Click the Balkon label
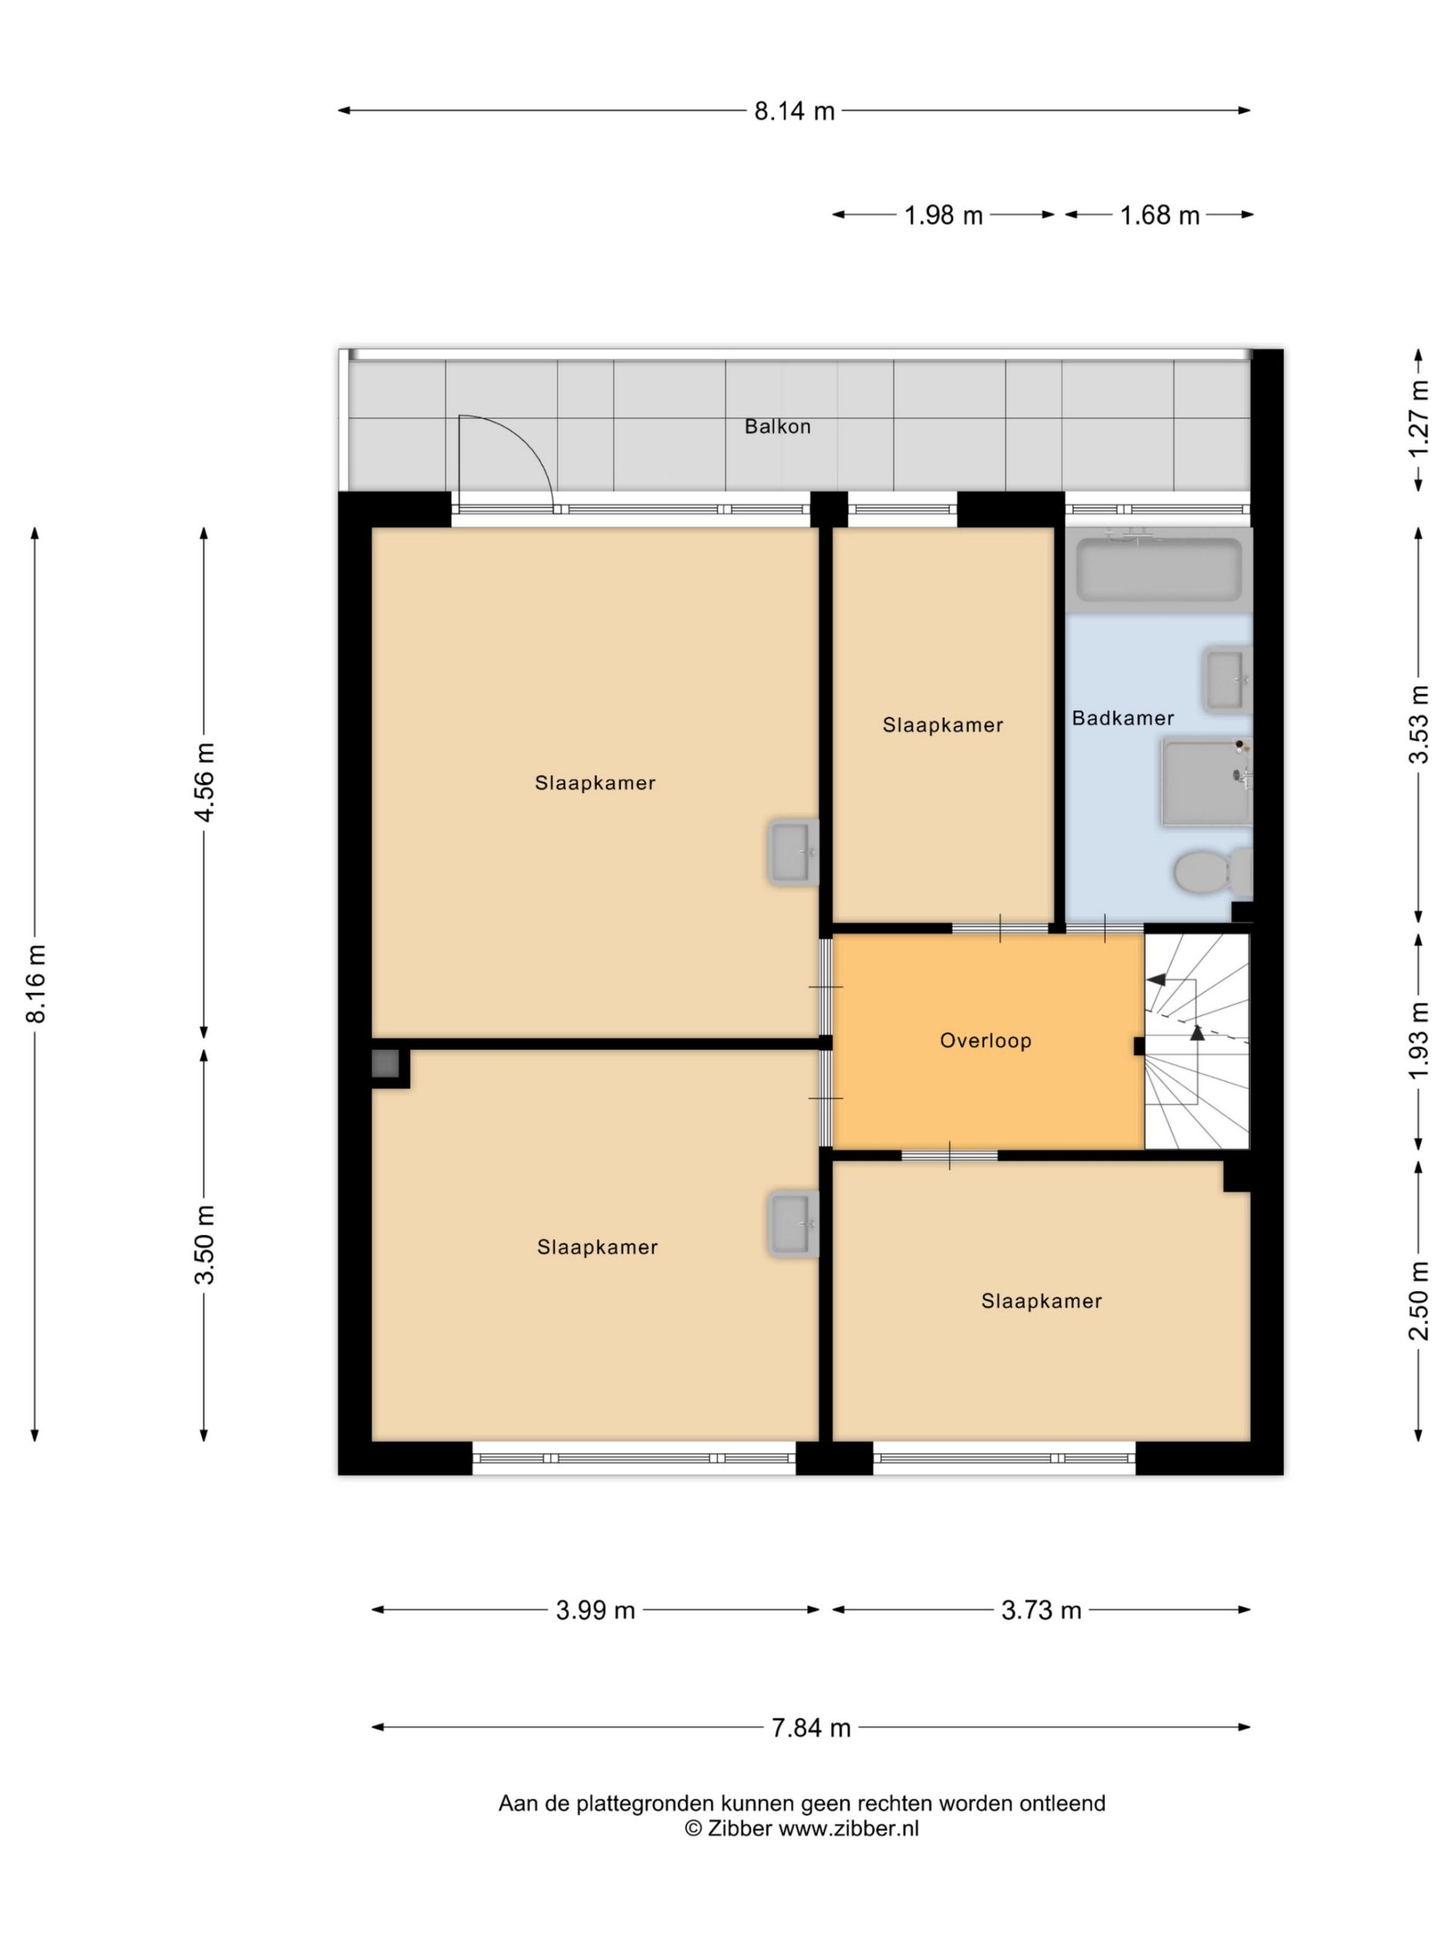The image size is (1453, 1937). (777, 427)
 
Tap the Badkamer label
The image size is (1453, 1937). (1122, 718)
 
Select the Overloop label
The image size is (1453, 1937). (985, 1040)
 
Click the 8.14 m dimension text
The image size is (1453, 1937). (795, 111)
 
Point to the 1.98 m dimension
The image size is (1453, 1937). (943, 215)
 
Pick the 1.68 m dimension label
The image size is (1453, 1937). (1159, 215)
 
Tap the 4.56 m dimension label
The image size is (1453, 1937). (204, 782)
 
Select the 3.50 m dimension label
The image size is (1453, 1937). (204, 1245)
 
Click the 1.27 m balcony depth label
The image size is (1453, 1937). (1418, 418)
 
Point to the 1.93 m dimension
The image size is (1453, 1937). (1418, 1040)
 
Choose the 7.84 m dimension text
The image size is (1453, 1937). (811, 1727)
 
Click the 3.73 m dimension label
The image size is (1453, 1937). (1041, 1610)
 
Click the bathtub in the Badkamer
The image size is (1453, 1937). (1159, 569)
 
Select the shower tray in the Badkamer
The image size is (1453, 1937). (1207, 782)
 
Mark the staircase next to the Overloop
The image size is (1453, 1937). (1196, 1040)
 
